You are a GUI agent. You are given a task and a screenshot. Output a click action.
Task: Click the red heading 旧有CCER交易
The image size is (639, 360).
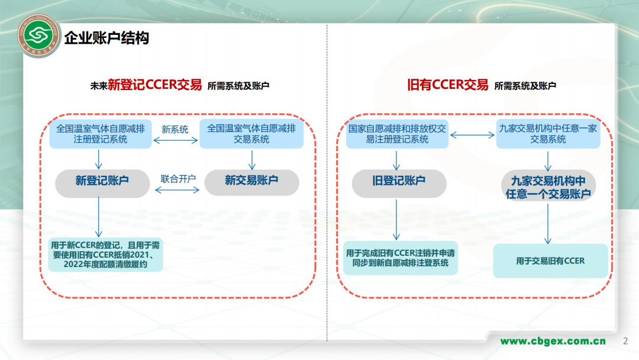tap(448, 85)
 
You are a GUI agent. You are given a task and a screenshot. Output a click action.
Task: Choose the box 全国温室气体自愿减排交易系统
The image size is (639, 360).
tap(251, 133)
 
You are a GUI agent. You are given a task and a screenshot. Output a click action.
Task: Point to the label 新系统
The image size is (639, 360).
tap(175, 129)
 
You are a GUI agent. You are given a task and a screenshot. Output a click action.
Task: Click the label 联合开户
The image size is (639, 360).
tap(178, 178)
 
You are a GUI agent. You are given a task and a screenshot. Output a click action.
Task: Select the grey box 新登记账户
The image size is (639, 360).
tap(102, 181)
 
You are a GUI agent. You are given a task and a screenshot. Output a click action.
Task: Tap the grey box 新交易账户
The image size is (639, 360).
tap(251, 181)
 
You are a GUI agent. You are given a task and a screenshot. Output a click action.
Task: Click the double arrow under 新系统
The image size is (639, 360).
tap(175, 140)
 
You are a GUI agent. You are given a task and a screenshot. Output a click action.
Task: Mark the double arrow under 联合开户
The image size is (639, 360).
tap(178, 189)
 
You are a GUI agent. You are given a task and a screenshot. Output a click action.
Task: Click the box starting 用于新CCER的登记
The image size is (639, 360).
tap(105, 255)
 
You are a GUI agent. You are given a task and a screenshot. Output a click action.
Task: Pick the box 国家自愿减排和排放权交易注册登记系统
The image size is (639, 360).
tap(397, 134)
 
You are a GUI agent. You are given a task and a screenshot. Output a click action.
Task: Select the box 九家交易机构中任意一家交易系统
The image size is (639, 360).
tap(548, 134)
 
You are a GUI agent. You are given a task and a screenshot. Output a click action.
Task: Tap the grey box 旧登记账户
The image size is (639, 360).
tap(398, 181)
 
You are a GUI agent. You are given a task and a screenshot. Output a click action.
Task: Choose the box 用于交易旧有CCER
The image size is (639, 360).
tap(550, 261)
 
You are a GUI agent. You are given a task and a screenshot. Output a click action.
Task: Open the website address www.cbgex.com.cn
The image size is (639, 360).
tap(553, 341)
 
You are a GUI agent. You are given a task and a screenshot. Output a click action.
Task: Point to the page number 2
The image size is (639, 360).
tap(626, 341)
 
